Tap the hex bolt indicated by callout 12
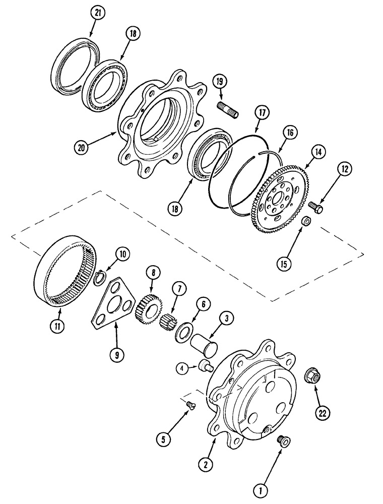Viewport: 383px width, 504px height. click(x=316, y=206)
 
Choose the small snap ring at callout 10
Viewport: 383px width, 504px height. click(x=100, y=275)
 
